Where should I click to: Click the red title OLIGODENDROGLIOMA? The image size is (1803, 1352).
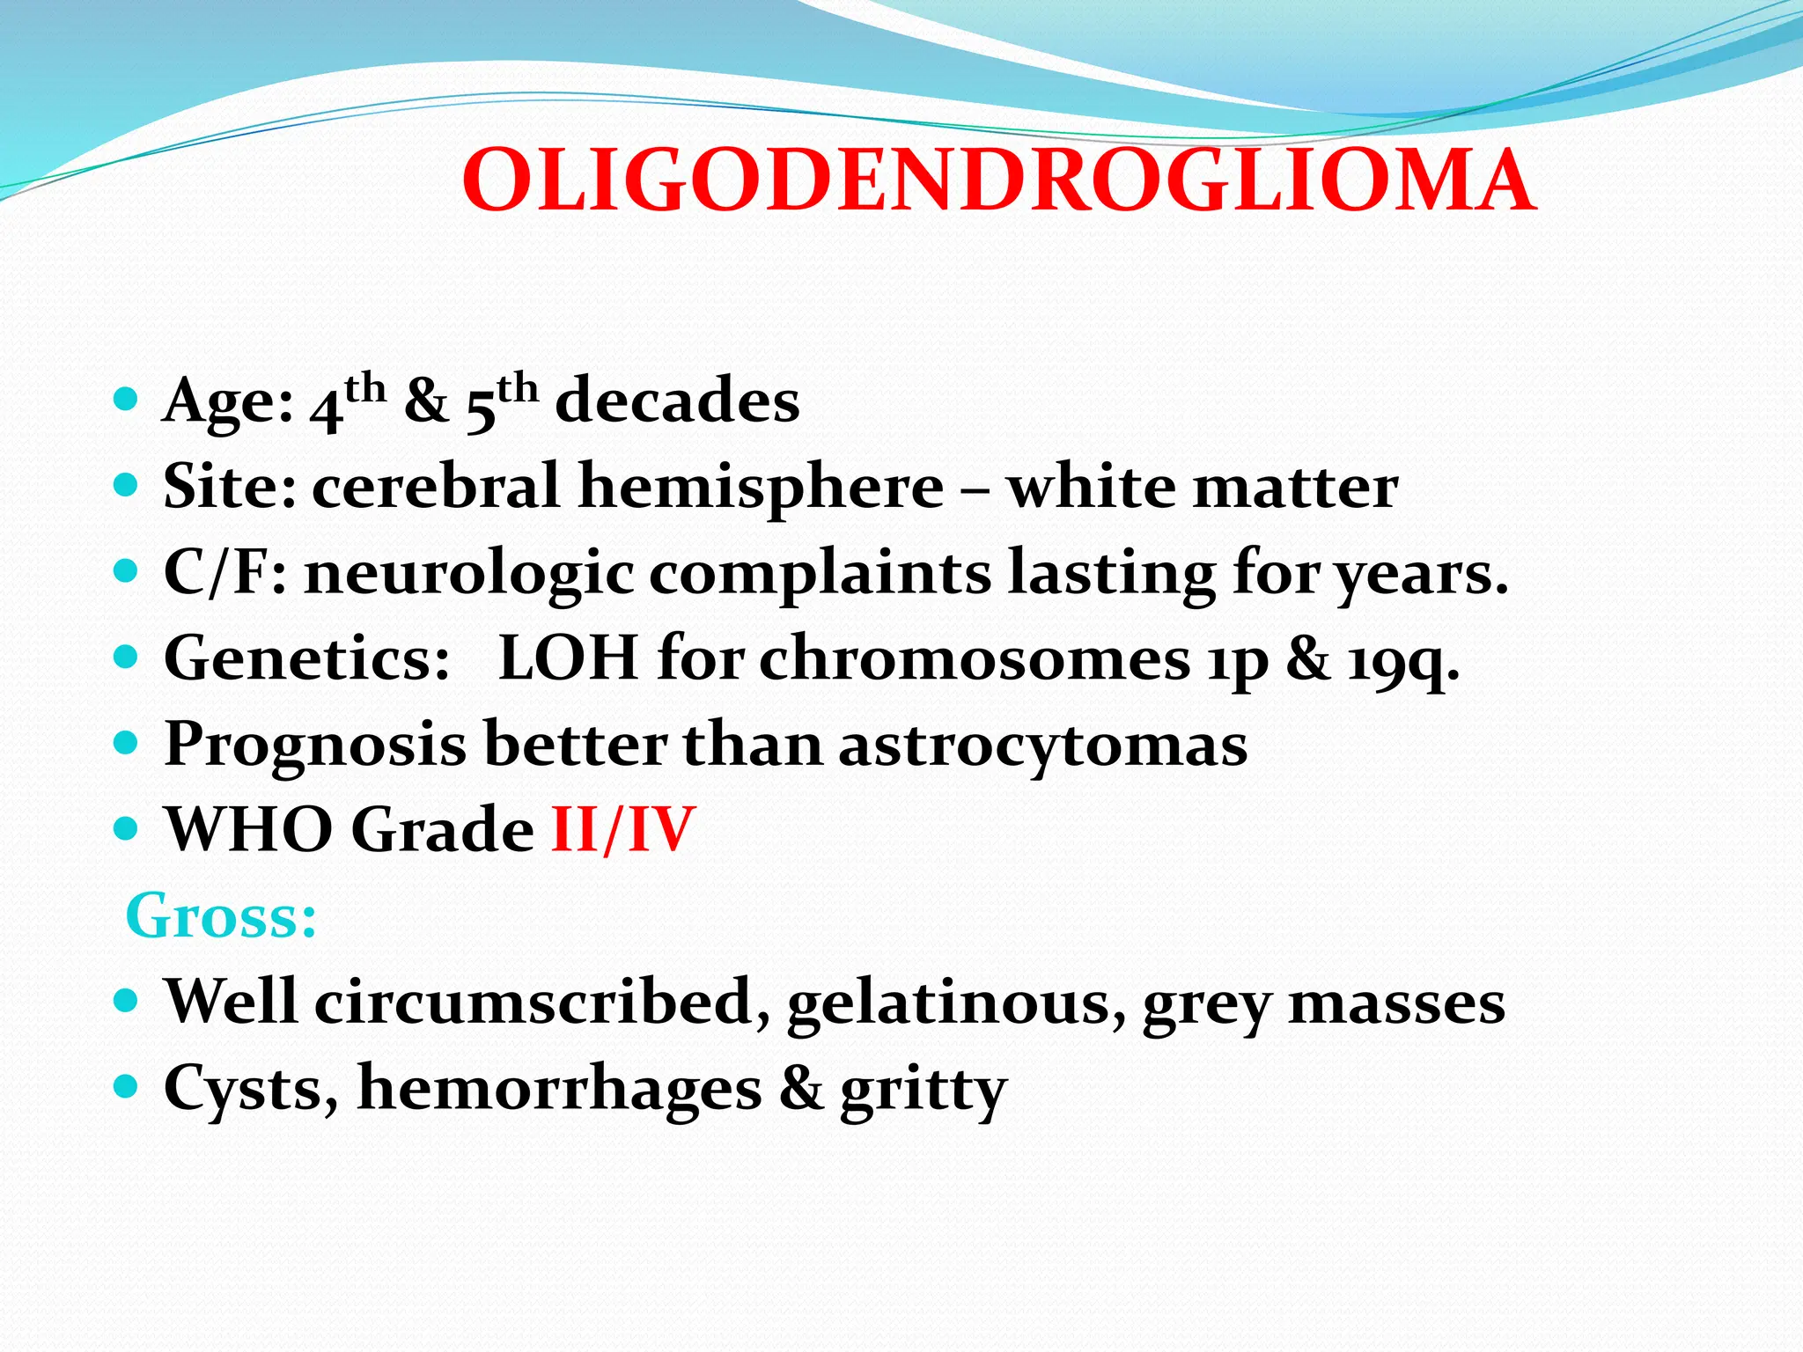click(x=999, y=181)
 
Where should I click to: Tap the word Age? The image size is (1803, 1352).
click(x=227, y=401)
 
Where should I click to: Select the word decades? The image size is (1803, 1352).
click(x=677, y=401)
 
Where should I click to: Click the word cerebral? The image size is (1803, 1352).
click(x=436, y=486)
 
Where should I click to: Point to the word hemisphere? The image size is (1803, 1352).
click(x=762, y=488)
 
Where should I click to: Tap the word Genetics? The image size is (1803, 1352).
click(x=306, y=658)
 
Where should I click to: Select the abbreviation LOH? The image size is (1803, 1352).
click(x=568, y=658)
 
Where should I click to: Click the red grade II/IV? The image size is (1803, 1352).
click(x=622, y=829)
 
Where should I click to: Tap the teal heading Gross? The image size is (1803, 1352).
click(x=220, y=916)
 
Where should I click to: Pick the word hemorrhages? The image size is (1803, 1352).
click(x=560, y=1089)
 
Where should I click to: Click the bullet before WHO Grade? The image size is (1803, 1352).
click(x=127, y=828)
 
